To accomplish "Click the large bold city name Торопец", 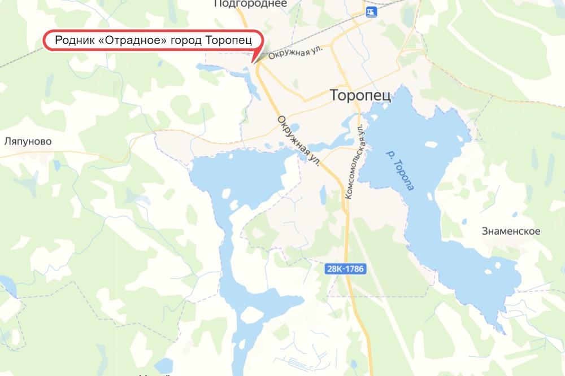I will (x=360, y=95).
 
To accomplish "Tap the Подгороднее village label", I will (x=250, y=4).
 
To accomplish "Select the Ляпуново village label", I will (x=28, y=142).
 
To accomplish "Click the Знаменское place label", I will (x=511, y=231).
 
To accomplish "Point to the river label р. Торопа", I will (x=399, y=169).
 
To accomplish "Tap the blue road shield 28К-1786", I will (x=346, y=270).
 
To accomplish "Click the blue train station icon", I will (x=371, y=11).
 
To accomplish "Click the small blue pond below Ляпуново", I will (x=56, y=165).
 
